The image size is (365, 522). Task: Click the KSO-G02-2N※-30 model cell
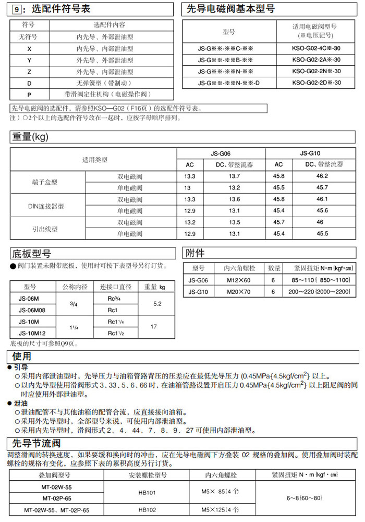[x=317, y=71]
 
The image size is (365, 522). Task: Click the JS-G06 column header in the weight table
[x=221, y=153]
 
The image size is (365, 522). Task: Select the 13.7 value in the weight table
[x=235, y=176]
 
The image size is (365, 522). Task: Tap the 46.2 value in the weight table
[x=322, y=176]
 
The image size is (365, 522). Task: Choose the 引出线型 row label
[x=45, y=229]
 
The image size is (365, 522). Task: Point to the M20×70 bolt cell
[x=238, y=292]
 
